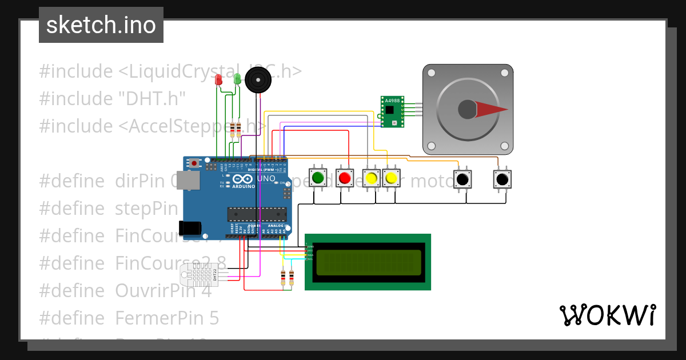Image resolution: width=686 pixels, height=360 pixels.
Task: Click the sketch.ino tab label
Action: pos(101,25)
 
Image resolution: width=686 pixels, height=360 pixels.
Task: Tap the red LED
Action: pos(218,80)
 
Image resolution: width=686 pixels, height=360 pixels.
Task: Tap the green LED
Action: pos(237,79)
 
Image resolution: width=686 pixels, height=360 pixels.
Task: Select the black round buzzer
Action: pos(258,80)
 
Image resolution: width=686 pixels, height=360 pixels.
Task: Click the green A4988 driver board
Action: pos(392,111)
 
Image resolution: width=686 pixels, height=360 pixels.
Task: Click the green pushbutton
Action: pos(318,178)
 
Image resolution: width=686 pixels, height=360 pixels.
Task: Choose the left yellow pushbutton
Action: pos(372,178)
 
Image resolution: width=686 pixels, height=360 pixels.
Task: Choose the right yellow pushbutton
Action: pos(391,178)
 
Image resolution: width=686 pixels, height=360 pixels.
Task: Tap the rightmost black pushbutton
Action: pos(502,179)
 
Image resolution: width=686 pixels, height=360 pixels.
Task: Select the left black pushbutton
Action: pos(462,179)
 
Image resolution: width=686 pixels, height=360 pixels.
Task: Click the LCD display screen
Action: pos(369,262)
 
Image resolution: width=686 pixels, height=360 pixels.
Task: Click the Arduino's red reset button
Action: pos(195,163)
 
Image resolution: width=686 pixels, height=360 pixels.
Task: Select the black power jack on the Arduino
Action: pos(190,229)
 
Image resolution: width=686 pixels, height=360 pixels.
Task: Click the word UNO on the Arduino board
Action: pos(265,179)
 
